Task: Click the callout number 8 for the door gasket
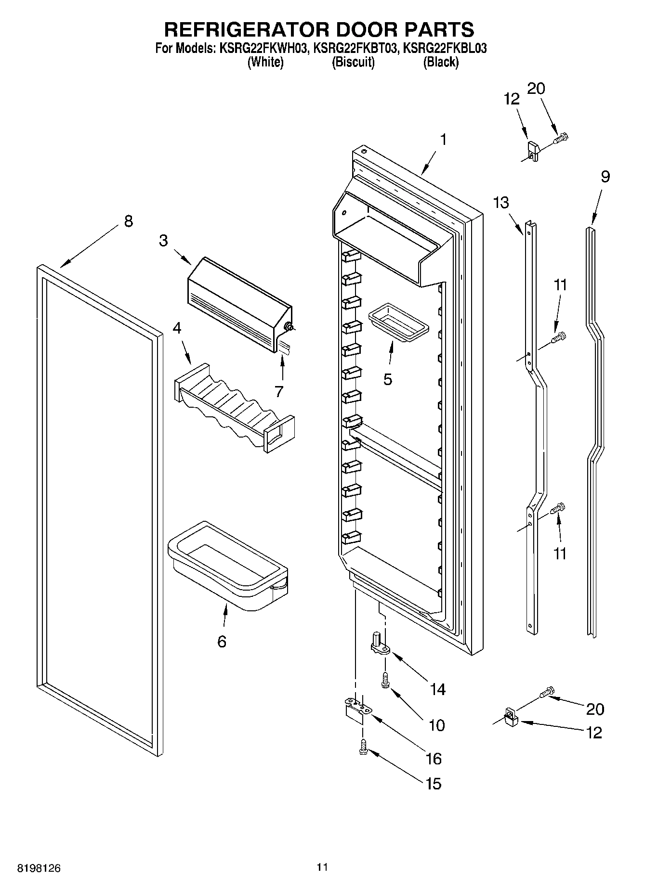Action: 128,221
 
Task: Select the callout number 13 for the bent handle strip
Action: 501,203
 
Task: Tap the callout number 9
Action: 605,177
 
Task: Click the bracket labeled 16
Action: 356,709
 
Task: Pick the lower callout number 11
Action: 559,554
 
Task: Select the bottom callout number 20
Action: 594,709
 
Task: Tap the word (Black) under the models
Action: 440,62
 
